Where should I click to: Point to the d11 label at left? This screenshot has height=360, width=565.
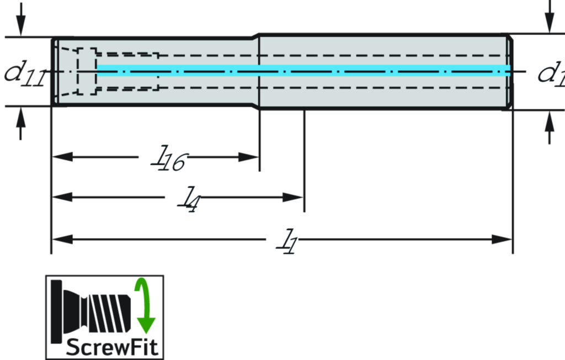point(23,72)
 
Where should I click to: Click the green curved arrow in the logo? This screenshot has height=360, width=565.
point(145,306)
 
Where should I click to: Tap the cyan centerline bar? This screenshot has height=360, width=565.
point(303,69)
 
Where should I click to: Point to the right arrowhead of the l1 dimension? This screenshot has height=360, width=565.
point(502,239)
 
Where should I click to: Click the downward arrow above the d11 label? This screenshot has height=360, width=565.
point(21,22)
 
